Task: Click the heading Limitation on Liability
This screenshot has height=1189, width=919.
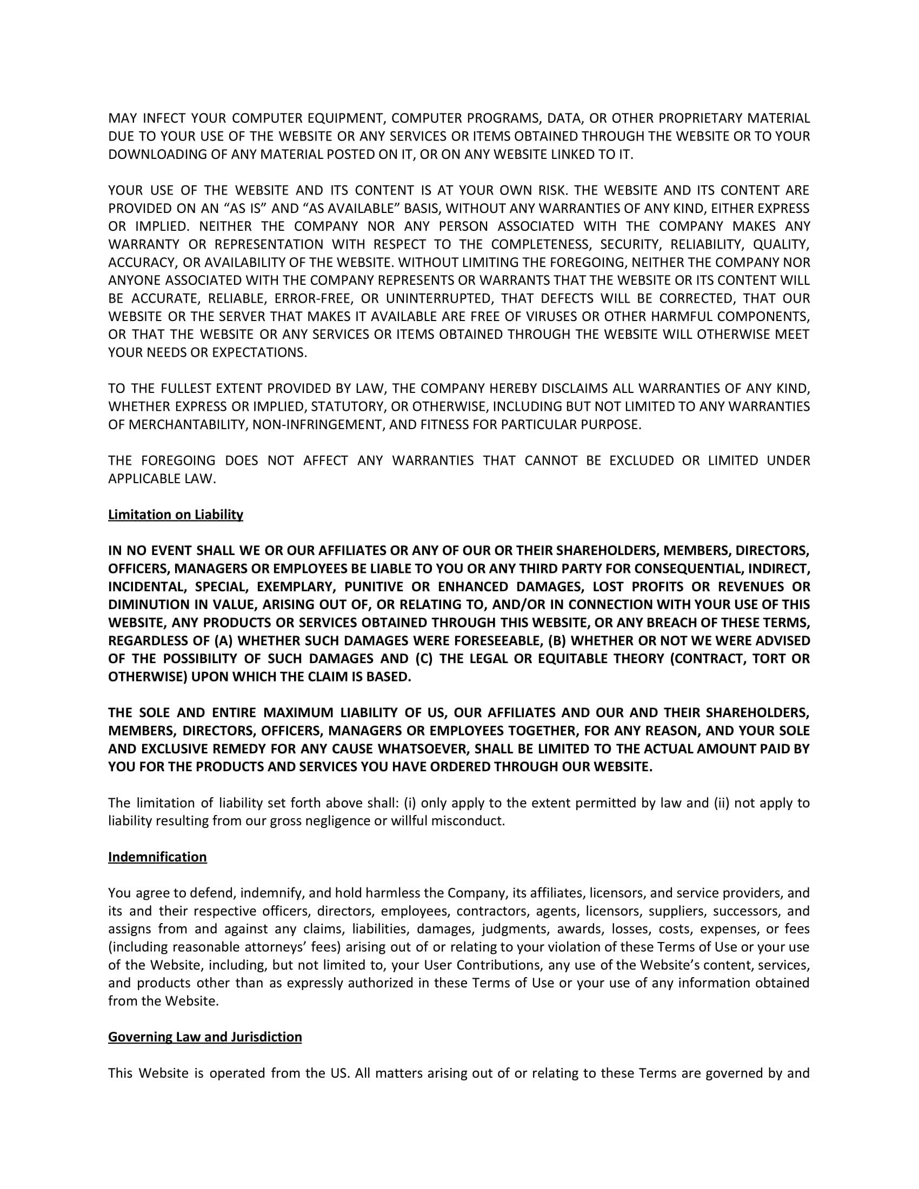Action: [175, 515]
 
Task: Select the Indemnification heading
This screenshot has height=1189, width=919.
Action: [157, 857]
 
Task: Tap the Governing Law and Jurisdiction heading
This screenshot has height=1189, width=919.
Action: [205, 1037]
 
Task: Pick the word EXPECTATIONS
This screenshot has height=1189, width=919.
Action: [259, 353]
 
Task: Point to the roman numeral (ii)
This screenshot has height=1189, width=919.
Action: [721, 803]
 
